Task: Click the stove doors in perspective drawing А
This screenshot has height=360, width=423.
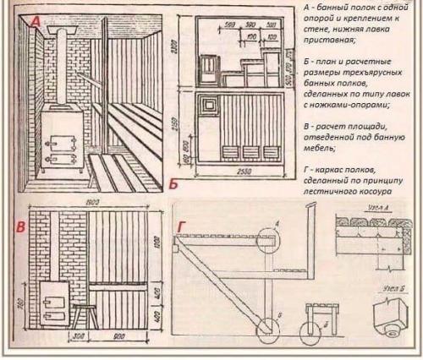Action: [58, 145]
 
